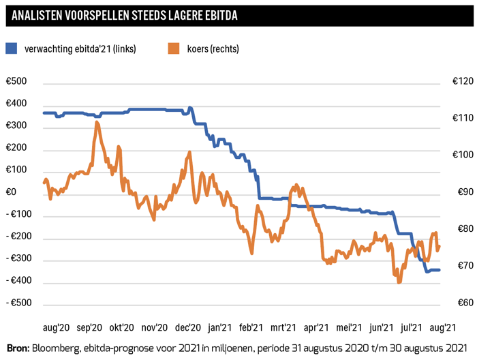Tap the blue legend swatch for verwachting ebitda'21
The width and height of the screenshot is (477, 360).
click(x=12, y=48)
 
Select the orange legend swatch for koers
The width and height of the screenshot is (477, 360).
click(x=174, y=48)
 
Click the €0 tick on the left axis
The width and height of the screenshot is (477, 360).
click(x=12, y=193)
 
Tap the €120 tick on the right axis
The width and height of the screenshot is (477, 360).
click(x=463, y=82)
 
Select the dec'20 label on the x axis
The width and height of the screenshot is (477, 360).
click(x=188, y=327)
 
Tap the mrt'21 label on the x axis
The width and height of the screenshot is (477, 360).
click(x=282, y=327)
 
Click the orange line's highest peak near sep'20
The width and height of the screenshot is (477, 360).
click(x=97, y=122)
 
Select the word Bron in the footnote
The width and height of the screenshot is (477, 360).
click(x=18, y=348)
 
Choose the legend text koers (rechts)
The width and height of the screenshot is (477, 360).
click(x=212, y=48)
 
